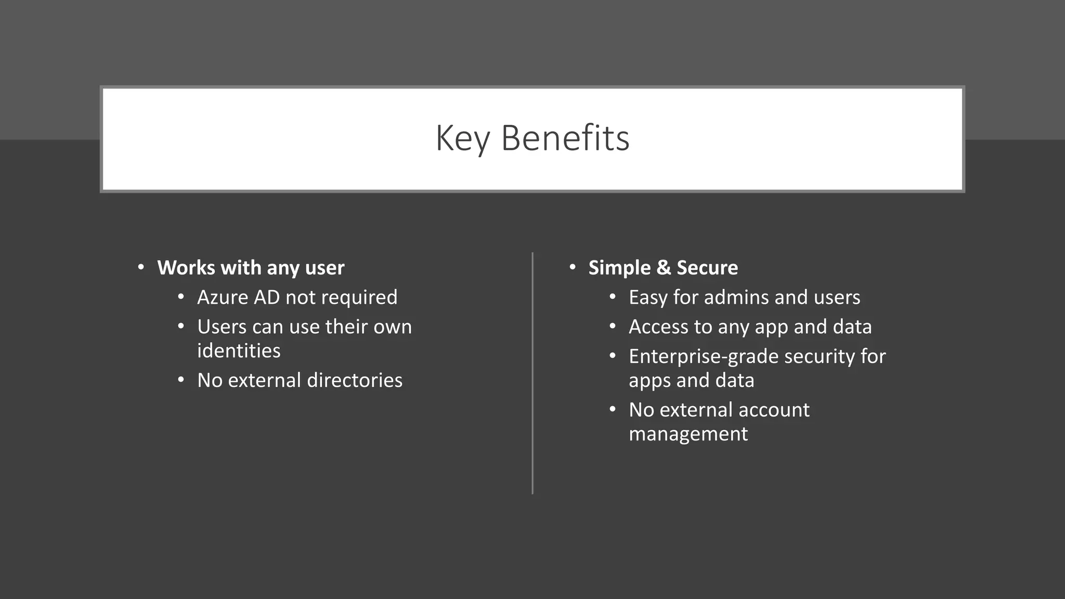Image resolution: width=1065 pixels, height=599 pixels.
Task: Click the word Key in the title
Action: (462, 139)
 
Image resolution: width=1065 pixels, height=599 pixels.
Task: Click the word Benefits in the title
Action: (565, 139)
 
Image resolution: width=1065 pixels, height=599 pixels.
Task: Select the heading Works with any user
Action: (251, 268)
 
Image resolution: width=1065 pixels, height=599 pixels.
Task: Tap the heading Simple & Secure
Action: (663, 268)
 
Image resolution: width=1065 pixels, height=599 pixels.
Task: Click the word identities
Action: (239, 351)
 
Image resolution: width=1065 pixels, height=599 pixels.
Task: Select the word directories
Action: (355, 381)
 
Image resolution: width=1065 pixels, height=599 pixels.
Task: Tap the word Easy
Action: (648, 297)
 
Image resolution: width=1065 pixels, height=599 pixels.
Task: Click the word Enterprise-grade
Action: (704, 357)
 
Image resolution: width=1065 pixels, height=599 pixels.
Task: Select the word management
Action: (688, 434)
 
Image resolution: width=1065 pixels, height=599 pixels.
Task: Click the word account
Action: (774, 410)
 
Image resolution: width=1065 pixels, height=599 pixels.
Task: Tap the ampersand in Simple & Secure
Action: (663, 268)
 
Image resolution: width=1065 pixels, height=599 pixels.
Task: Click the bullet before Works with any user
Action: (141, 268)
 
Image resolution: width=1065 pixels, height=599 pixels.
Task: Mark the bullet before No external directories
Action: (181, 380)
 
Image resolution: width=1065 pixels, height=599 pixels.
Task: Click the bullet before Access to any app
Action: (613, 327)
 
